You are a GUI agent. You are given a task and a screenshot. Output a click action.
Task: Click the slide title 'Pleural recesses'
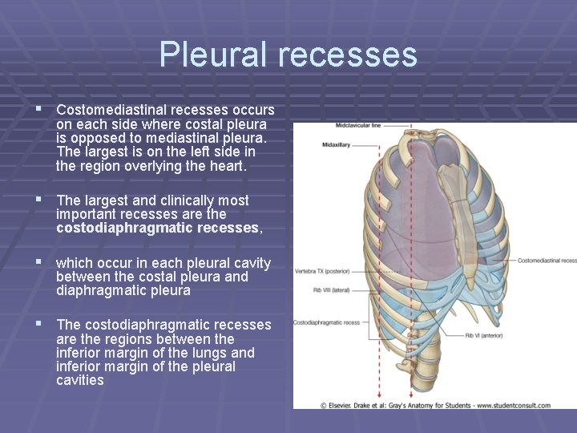pyautogui.click(x=288, y=55)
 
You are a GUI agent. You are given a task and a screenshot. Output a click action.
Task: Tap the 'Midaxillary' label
pyautogui.click(x=337, y=144)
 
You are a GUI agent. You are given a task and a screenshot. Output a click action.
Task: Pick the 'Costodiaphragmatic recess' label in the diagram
pyautogui.click(x=326, y=323)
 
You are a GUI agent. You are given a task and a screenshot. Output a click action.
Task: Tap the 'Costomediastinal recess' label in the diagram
pyautogui.click(x=547, y=261)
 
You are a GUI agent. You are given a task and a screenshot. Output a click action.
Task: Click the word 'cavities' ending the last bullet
pyautogui.click(x=80, y=380)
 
